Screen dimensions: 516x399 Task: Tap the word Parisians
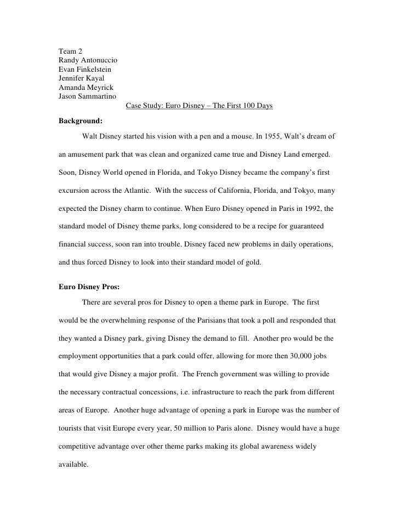pos(184,317)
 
